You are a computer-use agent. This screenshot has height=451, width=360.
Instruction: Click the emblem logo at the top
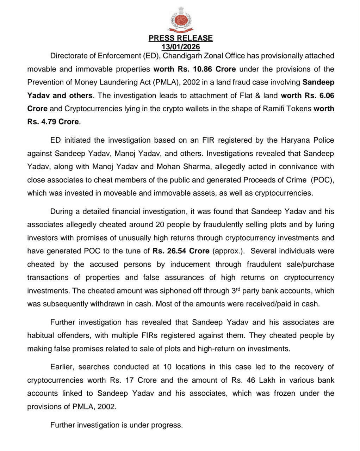[x=180, y=19]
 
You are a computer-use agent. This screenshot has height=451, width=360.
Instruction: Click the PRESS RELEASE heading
[x=180, y=38]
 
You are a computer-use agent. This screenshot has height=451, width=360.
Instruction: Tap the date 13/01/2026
[x=180, y=47]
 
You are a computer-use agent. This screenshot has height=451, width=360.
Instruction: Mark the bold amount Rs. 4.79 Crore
[x=53, y=122]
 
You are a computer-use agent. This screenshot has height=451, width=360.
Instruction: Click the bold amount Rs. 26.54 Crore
[x=181, y=251]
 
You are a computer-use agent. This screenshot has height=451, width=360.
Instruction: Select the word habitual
[x=42, y=336]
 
